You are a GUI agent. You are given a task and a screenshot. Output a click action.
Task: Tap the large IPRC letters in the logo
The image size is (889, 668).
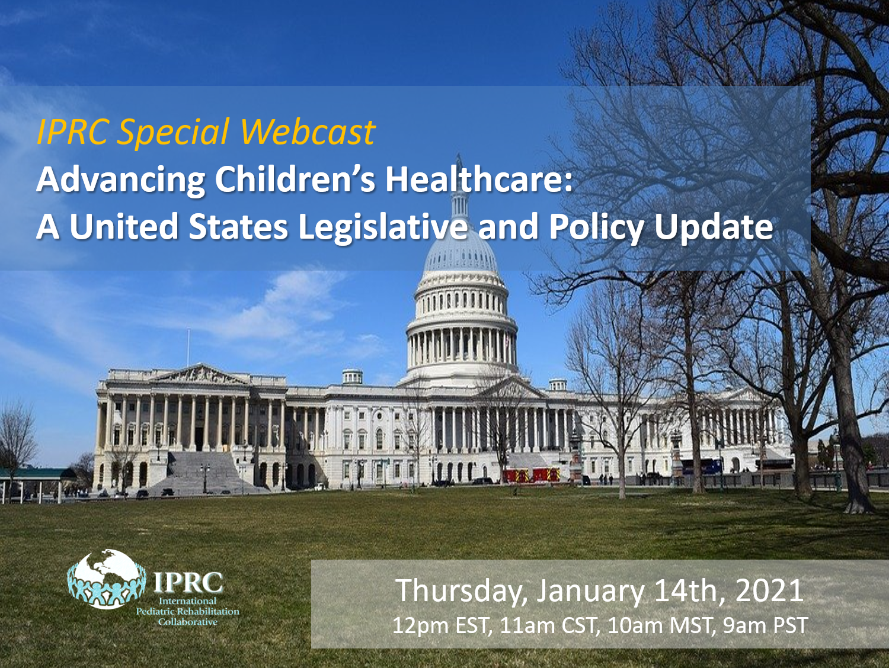coord(188,582)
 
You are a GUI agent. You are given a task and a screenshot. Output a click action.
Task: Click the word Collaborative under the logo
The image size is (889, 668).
coord(187,621)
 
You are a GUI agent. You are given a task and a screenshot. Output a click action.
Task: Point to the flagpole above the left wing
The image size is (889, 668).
coord(188,348)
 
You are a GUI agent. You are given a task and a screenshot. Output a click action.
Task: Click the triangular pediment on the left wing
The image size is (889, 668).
coord(198,374)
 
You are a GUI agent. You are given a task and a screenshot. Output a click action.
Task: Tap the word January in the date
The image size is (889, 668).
coord(591,592)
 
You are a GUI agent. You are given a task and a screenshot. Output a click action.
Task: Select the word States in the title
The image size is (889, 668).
coord(238,227)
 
